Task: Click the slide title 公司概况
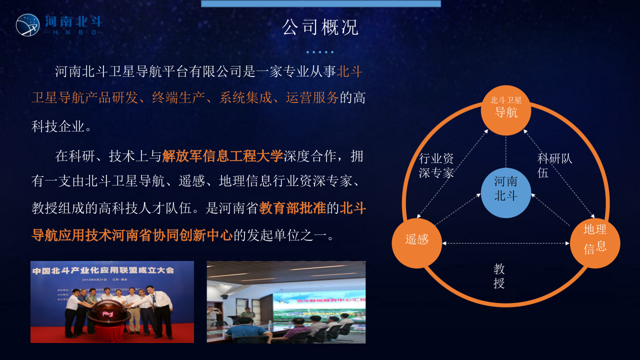[x=320, y=27]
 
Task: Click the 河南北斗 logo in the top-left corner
[x=59, y=24]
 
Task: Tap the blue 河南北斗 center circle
[x=505, y=193]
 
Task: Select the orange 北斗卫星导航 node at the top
[x=505, y=110]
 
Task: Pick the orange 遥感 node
[x=416, y=243]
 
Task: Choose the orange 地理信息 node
[x=595, y=243]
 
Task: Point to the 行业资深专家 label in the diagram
[x=436, y=165]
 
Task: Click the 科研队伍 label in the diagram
[x=554, y=165]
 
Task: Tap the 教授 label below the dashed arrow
[x=499, y=276]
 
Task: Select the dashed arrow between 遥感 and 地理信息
[x=505, y=243]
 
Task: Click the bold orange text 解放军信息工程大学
[x=222, y=156]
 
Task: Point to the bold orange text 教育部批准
[x=292, y=208]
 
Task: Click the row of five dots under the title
[x=320, y=52]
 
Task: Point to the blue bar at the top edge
[x=320, y=3]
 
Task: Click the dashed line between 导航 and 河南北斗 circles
[x=505, y=151]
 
